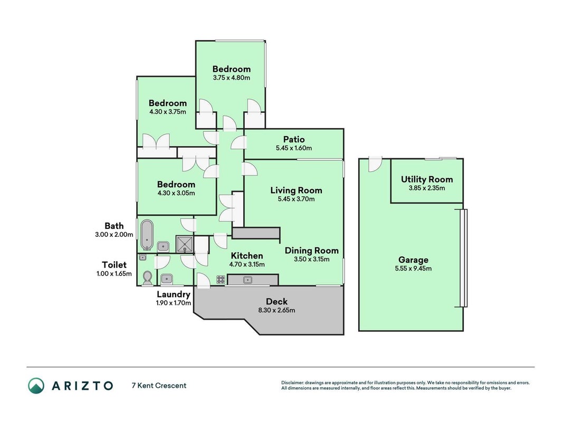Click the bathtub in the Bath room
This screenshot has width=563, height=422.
click(x=147, y=235)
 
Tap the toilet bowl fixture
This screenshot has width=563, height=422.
click(x=147, y=278)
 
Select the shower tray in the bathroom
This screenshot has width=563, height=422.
click(x=185, y=244)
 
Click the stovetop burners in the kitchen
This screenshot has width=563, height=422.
click(x=221, y=279)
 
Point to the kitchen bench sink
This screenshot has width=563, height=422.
click(x=247, y=280)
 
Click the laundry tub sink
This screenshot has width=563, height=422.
click(x=166, y=279)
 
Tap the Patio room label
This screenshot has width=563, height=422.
click(x=294, y=139)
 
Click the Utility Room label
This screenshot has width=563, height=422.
click(x=426, y=179)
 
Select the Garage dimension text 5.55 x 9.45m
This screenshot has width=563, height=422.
click(x=413, y=268)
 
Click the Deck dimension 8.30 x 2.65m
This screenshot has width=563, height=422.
click(x=276, y=310)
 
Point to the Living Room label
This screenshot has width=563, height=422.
click(x=296, y=190)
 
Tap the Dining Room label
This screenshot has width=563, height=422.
click(x=312, y=251)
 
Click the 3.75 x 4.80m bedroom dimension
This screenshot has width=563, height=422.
click(x=232, y=78)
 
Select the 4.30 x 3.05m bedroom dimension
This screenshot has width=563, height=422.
click(x=176, y=193)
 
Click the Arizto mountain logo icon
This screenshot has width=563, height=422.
click(x=36, y=386)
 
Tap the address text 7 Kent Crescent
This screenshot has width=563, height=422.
click(x=159, y=386)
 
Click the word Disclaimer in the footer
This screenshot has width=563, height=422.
click(x=292, y=383)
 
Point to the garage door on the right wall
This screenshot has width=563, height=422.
click(x=464, y=258)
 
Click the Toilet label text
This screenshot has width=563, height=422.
click(x=114, y=265)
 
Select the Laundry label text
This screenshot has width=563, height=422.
click(x=174, y=294)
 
